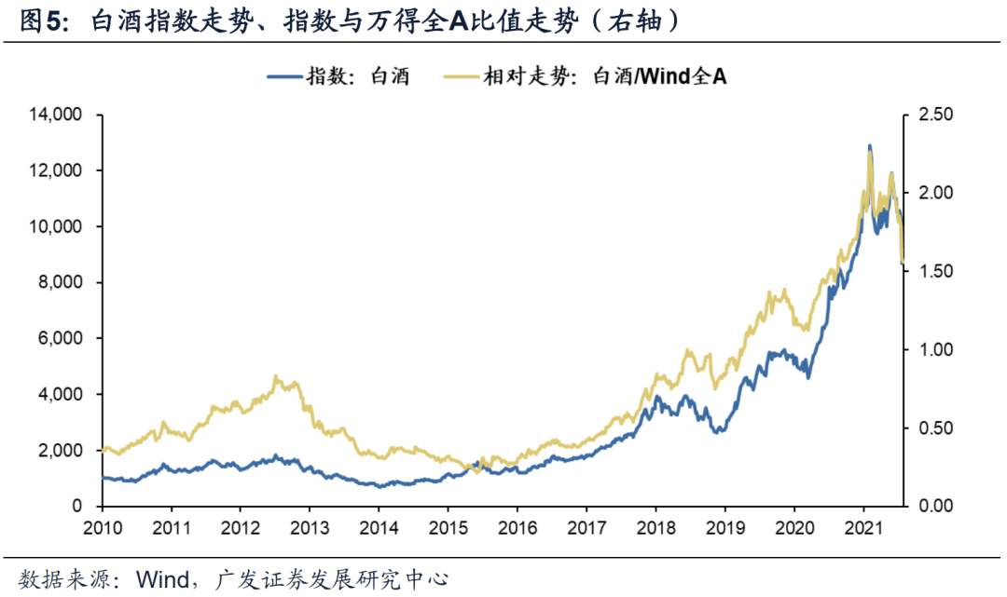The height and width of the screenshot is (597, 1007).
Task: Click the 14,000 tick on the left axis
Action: [57, 115]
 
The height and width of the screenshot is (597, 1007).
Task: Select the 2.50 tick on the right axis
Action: [936, 115]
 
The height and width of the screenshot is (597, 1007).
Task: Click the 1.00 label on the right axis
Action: [936, 349]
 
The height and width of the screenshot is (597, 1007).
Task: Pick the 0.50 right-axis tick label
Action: [936, 427]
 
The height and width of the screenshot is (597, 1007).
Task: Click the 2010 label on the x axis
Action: [101, 526]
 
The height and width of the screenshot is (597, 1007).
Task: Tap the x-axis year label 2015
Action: [447, 526]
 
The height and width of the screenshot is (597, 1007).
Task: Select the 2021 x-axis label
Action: [862, 526]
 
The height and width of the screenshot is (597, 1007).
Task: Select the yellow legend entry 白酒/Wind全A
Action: [604, 76]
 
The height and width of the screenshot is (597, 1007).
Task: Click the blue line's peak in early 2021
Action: [869, 146]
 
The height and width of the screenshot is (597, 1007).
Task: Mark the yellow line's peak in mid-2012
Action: [276, 376]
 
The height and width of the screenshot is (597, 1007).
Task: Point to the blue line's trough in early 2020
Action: [807, 376]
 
